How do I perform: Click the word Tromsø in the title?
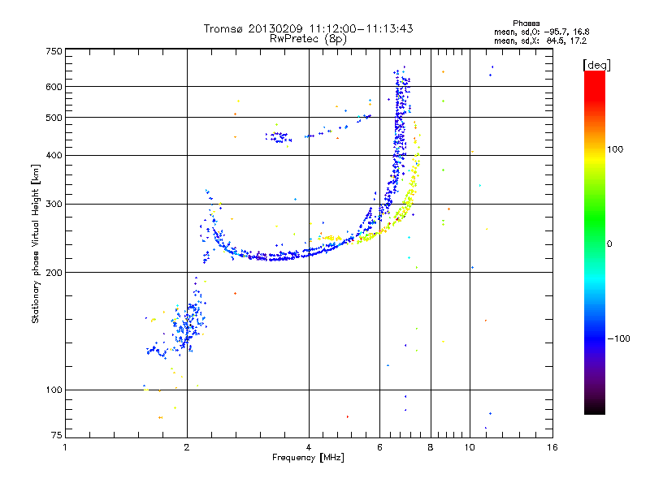pos(223,28)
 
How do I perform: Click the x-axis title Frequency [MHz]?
pos(308,459)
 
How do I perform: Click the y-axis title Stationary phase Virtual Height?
pos(36,243)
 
